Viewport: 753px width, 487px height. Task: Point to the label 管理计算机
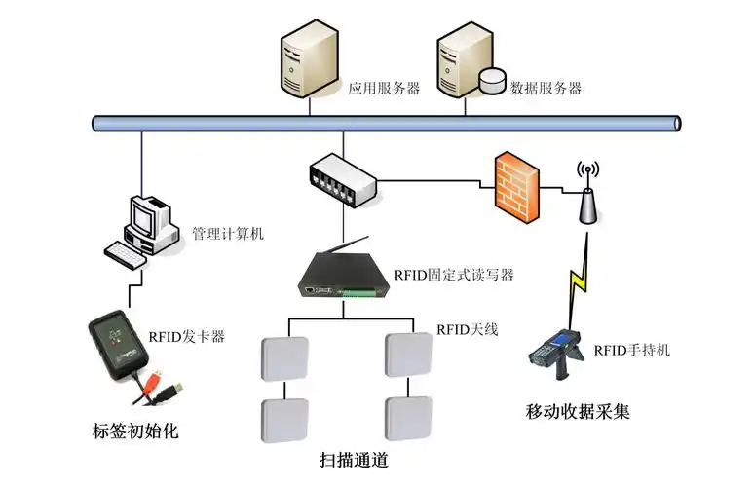227,234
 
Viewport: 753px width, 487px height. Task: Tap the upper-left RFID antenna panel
284,358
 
